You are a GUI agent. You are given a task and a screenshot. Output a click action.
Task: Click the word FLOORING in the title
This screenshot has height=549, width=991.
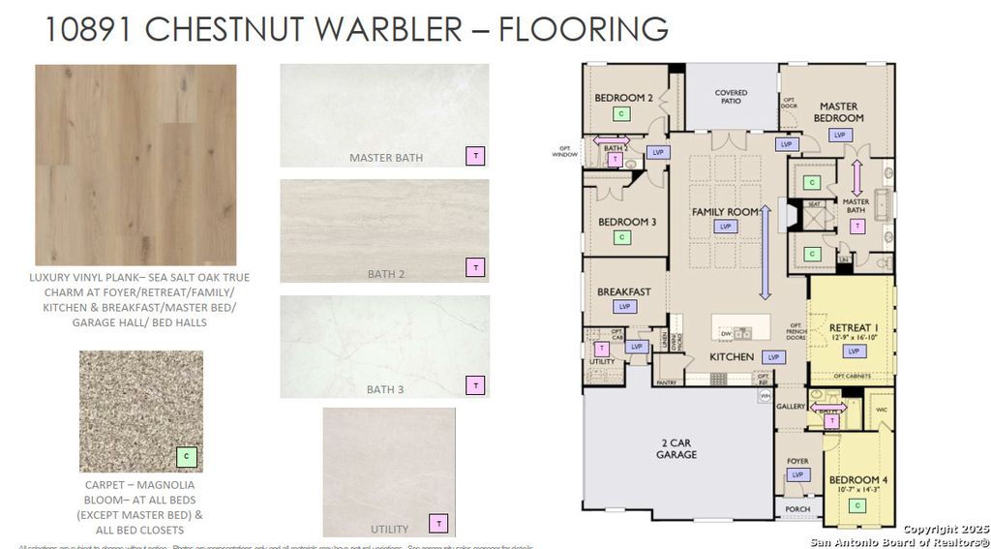pyautogui.click(x=583, y=28)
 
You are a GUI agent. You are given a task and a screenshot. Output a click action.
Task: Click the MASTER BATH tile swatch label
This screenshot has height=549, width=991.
pyautogui.click(x=385, y=157)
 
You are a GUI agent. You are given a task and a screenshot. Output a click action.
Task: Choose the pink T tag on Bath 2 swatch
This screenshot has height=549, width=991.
pyautogui.click(x=474, y=267)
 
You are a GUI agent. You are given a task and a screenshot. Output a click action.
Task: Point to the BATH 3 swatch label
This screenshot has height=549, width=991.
pyautogui.click(x=385, y=389)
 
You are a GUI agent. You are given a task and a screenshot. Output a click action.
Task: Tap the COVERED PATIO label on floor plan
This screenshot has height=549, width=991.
pyautogui.click(x=731, y=97)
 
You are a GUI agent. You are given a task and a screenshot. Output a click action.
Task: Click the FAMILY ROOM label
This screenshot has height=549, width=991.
pyautogui.click(x=725, y=211)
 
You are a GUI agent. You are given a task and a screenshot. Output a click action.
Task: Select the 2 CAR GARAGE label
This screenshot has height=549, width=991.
pyautogui.click(x=676, y=448)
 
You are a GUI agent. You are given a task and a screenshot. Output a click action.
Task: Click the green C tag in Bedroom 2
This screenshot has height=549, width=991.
pyautogui.click(x=621, y=113)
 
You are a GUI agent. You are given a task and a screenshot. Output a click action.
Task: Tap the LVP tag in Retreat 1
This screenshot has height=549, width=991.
pyautogui.click(x=854, y=351)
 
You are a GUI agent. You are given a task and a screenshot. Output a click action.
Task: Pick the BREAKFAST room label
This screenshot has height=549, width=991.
pyautogui.click(x=623, y=291)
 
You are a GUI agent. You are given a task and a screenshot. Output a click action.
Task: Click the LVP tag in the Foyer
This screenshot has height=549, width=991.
pyautogui.click(x=797, y=474)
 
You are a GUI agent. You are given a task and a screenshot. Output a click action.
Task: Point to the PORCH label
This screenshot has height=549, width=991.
pyautogui.click(x=797, y=508)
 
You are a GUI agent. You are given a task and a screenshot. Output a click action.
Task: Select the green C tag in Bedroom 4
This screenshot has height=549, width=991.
pyautogui.click(x=856, y=505)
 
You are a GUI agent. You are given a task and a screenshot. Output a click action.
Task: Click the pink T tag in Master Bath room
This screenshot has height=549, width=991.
pyautogui.click(x=856, y=226)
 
